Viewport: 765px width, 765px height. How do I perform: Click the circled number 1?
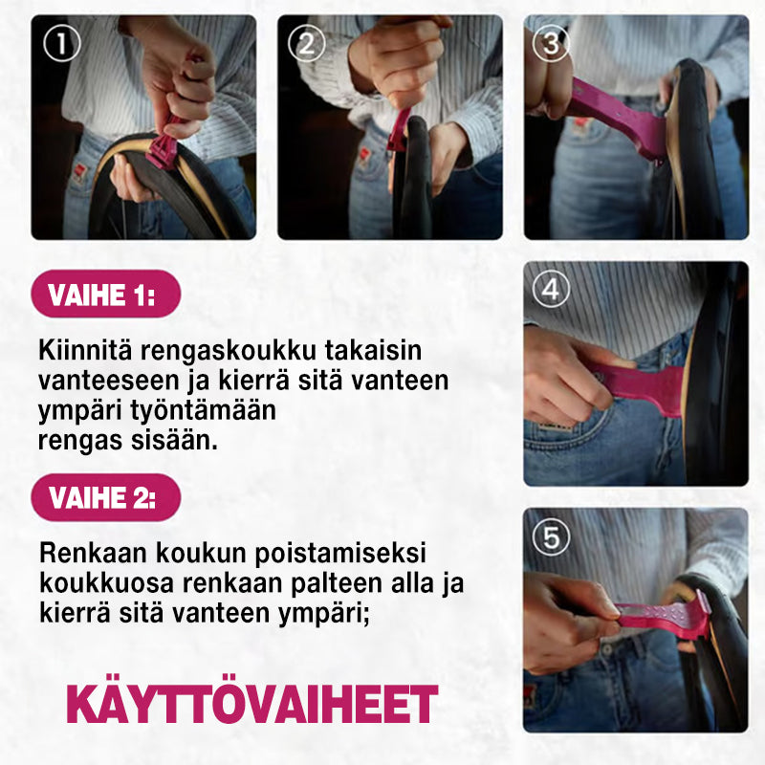pos(61,44)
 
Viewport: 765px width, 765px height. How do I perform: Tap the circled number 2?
pos(307,44)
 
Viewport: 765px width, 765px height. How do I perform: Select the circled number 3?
pos(552,44)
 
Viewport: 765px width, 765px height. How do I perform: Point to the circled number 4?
pos(552,289)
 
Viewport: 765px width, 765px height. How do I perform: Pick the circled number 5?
pos(552,536)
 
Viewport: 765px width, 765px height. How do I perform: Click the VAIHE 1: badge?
pos(106,294)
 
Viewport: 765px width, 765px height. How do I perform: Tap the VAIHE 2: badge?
pos(106,497)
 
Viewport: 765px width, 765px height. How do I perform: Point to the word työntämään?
pos(203,411)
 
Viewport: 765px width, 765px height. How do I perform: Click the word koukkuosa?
pos(106,583)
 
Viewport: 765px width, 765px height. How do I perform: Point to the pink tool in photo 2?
pos(399,130)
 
